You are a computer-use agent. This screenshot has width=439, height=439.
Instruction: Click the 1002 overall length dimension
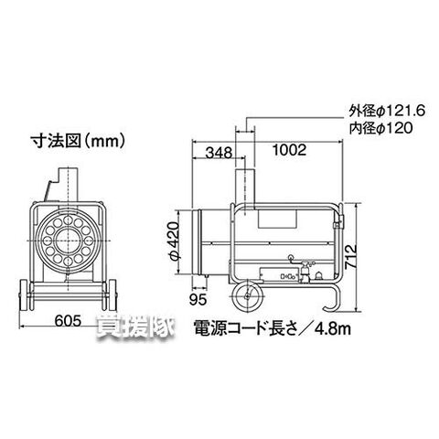pyautogui.click(x=289, y=150)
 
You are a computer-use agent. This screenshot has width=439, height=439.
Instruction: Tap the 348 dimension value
pyautogui.click(x=219, y=152)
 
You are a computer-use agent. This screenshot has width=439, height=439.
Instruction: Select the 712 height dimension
pyautogui.click(x=351, y=256)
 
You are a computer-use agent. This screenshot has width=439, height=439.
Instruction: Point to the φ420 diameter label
pyautogui.click(x=174, y=241)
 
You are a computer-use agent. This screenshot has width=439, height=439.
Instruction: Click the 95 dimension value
pyautogui.click(x=198, y=300)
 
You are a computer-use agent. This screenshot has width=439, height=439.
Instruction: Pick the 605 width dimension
pyautogui.click(x=68, y=320)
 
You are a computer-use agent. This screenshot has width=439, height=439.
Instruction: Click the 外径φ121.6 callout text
pyautogui.click(x=387, y=112)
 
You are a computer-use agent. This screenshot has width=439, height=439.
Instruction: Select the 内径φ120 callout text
pyautogui.click(x=380, y=128)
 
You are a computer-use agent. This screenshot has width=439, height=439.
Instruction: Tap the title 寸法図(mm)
pyautogui.click(x=78, y=142)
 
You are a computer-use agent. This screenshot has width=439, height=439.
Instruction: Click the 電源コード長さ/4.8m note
pyautogui.click(x=273, y=328)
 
